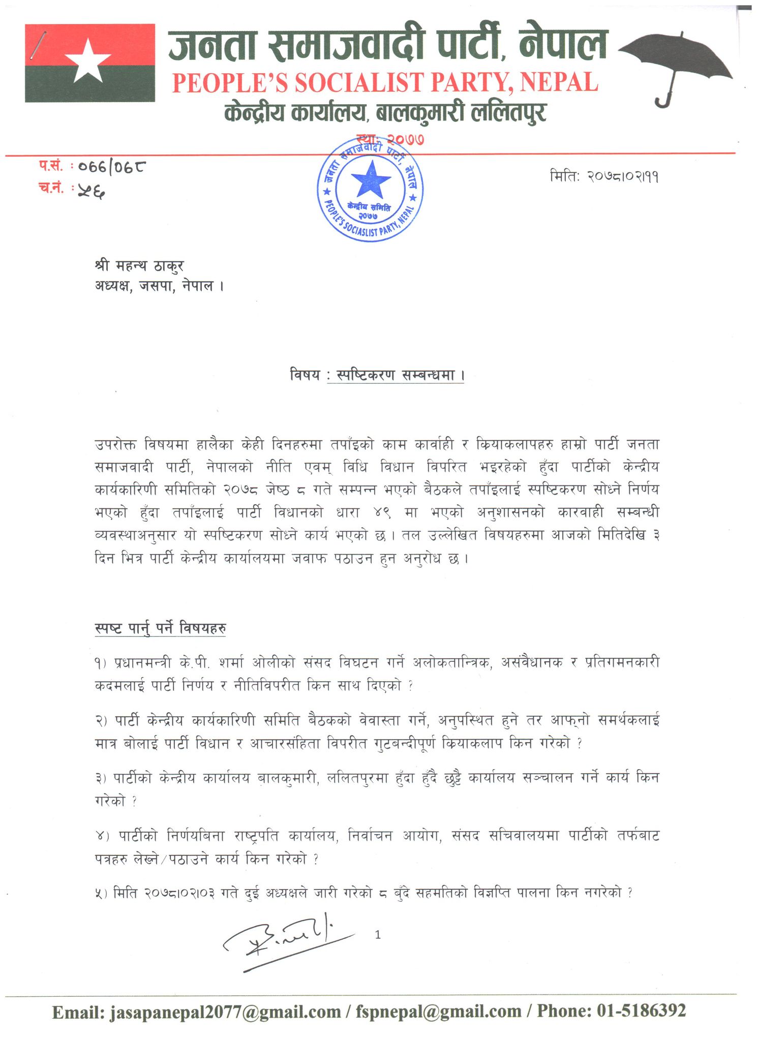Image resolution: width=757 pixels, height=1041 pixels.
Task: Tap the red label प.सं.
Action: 51,166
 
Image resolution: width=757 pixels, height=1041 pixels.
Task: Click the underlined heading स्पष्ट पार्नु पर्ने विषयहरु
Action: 160,628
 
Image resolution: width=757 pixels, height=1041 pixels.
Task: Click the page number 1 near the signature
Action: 378,934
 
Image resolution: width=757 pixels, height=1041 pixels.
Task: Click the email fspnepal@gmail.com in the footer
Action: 438,1012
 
